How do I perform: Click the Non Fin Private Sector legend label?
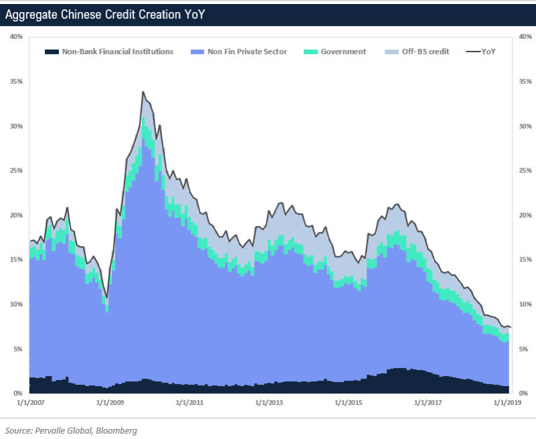point(247,52)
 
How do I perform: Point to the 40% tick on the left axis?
point(16,37)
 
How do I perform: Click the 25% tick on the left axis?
point(16,170)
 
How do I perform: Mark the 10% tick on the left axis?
point(16,304)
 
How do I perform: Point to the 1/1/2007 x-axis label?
point(29,403)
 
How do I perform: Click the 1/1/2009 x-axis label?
point(110,403)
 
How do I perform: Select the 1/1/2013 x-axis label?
point(269,403)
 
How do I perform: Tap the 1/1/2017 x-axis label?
point(429,403)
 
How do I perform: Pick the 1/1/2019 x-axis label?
point(508,403)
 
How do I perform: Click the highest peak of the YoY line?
point(143,92)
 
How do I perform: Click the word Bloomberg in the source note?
point(115,430)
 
